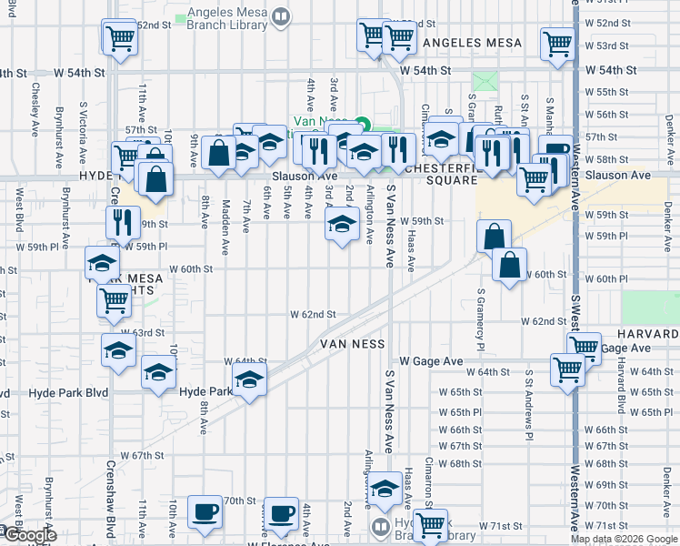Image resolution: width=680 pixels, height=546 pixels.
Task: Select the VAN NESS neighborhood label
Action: point(353,344)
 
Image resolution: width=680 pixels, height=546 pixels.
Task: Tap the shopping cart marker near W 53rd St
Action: point(557,42)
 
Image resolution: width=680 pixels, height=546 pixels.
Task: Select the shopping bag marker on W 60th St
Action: point(510,265)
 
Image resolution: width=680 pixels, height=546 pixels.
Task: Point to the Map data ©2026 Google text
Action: point(624,539)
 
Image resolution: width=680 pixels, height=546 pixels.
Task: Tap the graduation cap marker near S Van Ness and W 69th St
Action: point(385,489)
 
